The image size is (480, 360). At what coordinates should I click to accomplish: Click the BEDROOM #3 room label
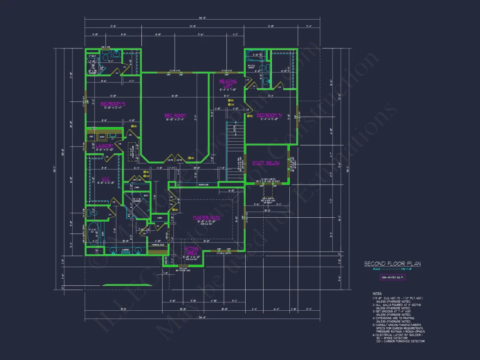click(113, 104)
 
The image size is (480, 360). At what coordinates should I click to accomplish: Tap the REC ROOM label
click(169, 116)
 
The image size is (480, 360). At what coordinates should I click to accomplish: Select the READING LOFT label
click(228, 83)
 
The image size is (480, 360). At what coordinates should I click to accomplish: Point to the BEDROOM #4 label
click(269, 115)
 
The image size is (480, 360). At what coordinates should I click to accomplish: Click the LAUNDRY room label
click(105, 145)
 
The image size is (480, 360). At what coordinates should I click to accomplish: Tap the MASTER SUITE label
click(206, 217)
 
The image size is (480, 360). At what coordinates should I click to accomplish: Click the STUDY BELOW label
click(266, 163)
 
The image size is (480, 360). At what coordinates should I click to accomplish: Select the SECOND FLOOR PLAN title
click(392, 264)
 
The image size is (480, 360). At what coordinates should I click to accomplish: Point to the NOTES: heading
click(377, 293)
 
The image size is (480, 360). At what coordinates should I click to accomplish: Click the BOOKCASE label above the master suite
click(203, 185)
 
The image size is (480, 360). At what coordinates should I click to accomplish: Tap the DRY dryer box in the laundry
click(92, 137)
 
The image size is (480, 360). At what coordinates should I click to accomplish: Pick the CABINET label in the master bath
click(126, 250)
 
